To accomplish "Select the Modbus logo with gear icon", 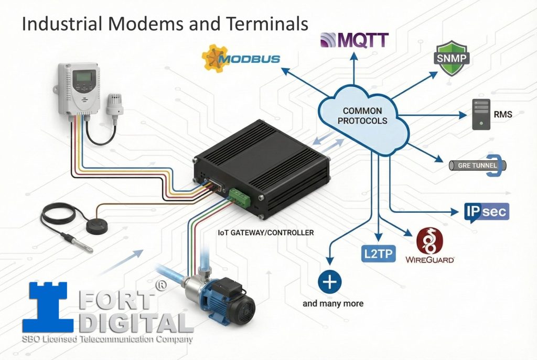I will click(x=241, y=58).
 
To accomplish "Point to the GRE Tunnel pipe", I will click(x=478, y=166).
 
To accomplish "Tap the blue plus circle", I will click(x=330, y=282).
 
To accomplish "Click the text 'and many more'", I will click(x=333, y=303).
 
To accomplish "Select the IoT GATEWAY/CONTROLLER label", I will click(x=265, y=232).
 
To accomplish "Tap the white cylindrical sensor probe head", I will click(x=114, y=104).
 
